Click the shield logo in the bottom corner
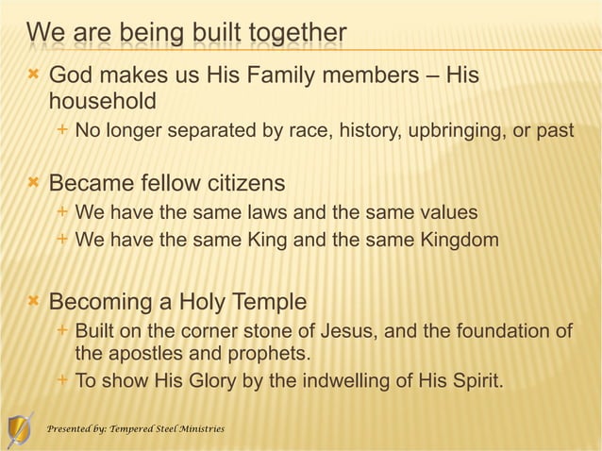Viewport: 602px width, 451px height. pyautogui.click(x=20, y=430)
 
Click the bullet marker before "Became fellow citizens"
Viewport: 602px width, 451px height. pyautogui.click(x=34, y=180)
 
